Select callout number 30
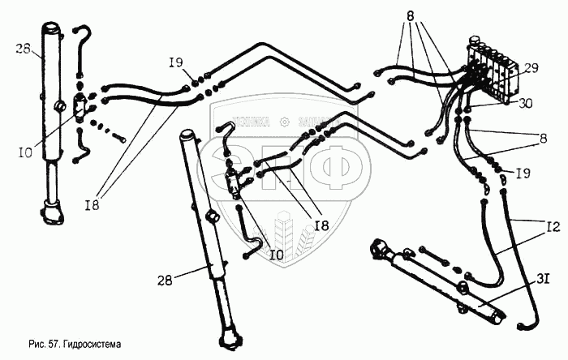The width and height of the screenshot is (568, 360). click(526, 103)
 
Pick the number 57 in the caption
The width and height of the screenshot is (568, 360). click(50, 345)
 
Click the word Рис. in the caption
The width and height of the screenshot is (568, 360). click(35, 345)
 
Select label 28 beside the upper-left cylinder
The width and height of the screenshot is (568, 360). click(23, 49)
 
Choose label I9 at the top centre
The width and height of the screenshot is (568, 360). click(177, 62)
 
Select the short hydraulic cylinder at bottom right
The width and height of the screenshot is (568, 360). click(438, 280)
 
